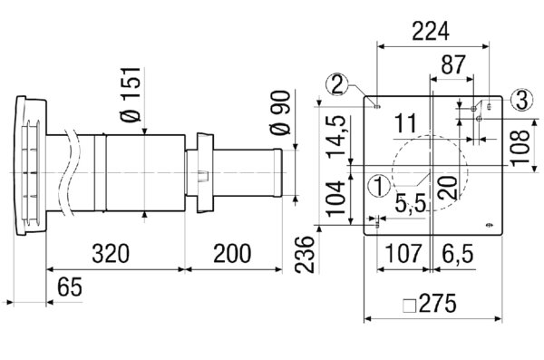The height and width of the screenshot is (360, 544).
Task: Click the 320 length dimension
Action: pos(113,253)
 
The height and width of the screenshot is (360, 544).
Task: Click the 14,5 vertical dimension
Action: pos(336,135)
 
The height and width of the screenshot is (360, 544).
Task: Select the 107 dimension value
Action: pos(398,254)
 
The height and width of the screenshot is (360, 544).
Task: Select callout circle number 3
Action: pos(520,99)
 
